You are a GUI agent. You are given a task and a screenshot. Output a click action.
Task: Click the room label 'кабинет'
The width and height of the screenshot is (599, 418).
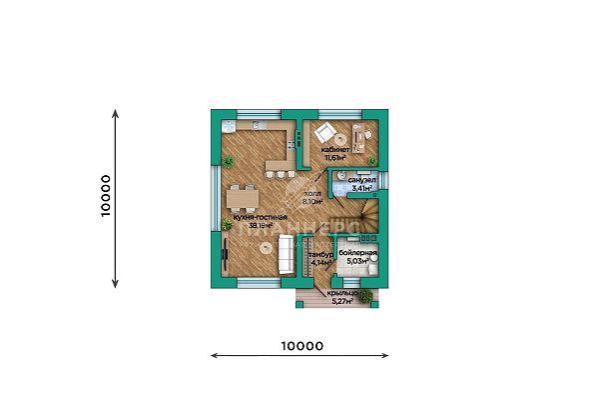[x=334, y=149]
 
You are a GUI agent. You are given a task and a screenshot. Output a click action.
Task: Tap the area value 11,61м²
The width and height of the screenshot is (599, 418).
[x=334, y=157]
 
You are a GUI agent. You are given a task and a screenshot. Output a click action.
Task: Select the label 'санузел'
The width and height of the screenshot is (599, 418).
[x=361, y=179]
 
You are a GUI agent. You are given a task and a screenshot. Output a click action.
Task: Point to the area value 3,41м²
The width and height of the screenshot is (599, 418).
[x=361, y=187]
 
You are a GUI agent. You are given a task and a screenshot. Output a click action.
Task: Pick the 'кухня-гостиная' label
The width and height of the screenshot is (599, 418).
[x=260, y=217]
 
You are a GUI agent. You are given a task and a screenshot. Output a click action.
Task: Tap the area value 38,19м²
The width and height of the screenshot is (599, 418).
[x=260, y=226]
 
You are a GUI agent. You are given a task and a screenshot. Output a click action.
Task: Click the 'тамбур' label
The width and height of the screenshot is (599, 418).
[x=319, y=255]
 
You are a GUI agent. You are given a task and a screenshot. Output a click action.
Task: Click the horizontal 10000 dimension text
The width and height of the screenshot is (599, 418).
[x=299, y=346]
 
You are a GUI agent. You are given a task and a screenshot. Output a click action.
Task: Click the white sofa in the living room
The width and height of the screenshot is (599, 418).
[x=286, y=256]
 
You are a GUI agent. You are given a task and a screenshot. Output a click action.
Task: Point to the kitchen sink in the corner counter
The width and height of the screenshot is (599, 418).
[x=229, y=128]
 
